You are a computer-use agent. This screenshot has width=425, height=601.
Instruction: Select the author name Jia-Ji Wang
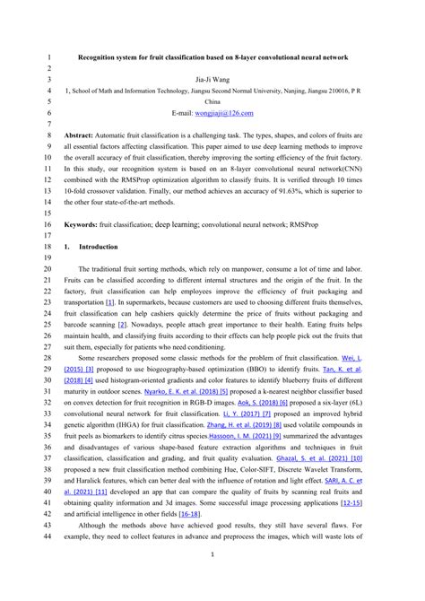click(212, 79)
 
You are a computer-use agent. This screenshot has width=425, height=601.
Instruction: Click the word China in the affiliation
click(213, 102)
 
